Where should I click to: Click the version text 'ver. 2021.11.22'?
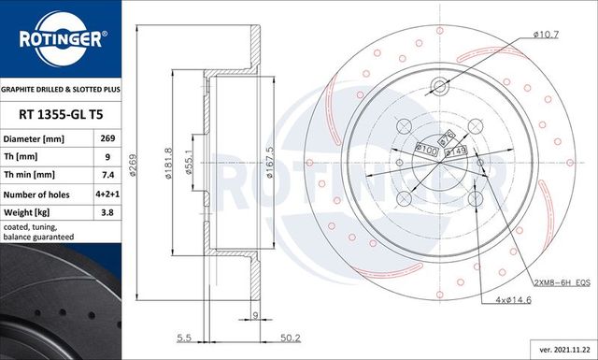pos(559,349)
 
